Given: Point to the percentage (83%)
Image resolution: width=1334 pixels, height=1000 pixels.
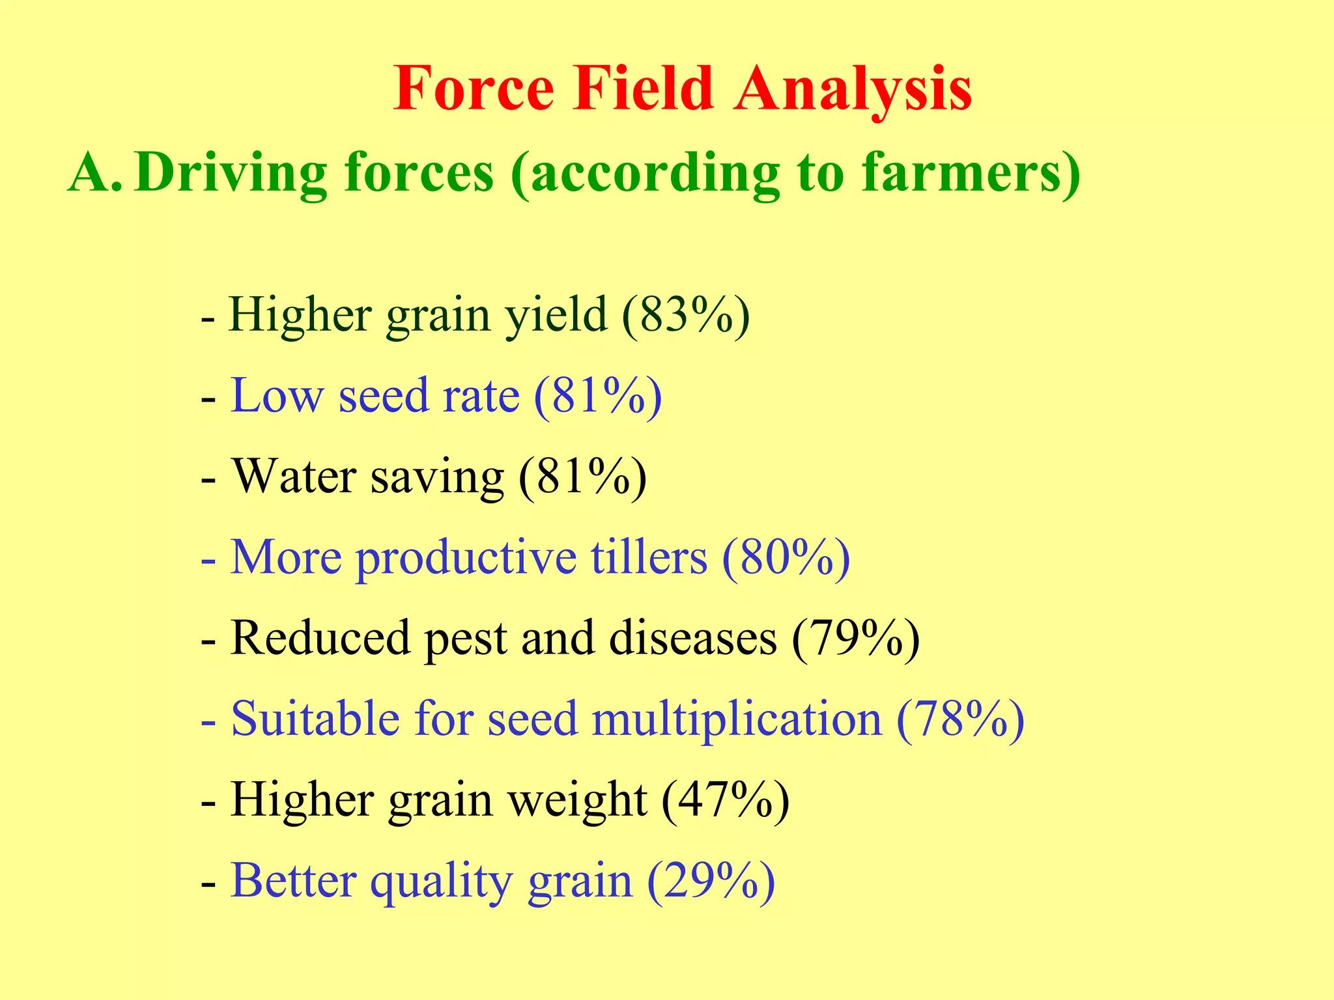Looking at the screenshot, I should [x=685, y=315].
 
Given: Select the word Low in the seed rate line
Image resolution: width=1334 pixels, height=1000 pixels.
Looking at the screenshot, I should [x=277, y=396].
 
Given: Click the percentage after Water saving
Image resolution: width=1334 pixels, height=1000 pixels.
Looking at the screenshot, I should [x=582, y=477].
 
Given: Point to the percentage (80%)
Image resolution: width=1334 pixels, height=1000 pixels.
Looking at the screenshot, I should [x=786, y=558].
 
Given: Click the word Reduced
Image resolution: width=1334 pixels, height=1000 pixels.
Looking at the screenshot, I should [x=320, y=638].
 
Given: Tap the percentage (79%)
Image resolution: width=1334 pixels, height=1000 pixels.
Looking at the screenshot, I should [x=855, y=638].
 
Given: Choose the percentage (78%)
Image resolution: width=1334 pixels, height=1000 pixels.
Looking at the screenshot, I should [x=960, y=719].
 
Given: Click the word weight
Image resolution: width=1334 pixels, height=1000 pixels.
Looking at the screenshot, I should [x=577, y=801].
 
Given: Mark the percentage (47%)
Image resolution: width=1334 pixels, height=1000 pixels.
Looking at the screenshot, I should [x=725, y=801].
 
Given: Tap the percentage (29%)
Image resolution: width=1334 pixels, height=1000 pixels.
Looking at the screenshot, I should [x=711, y=882].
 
